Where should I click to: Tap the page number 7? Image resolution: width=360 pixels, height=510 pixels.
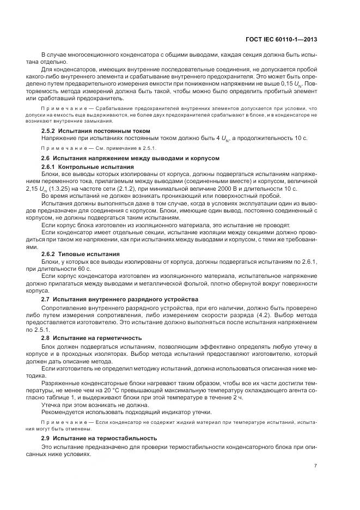click(x=316, y=466)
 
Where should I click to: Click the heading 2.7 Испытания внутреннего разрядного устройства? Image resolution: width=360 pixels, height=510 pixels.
click(x=119, y=299)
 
